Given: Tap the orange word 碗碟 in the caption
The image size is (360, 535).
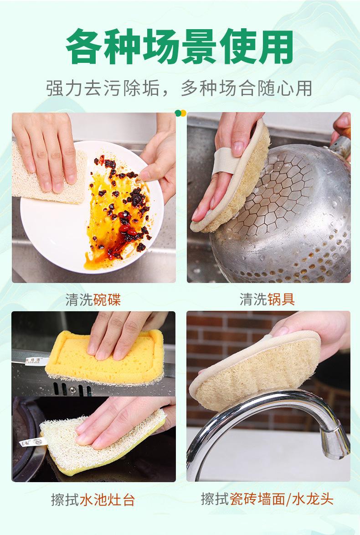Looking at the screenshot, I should (x=107, y=299).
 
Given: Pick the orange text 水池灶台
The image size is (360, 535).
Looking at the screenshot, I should (x=107, y=499).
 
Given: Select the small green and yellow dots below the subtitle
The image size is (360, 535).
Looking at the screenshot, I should (x=180, y=113).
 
